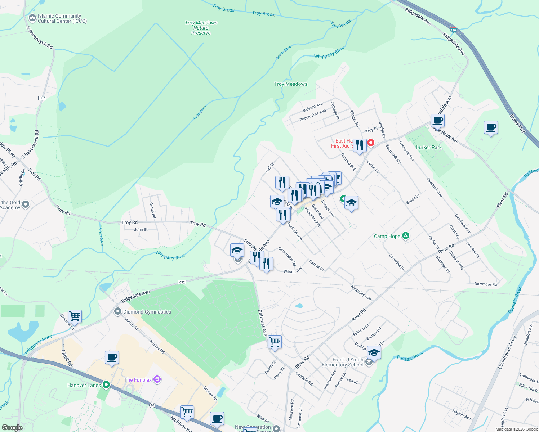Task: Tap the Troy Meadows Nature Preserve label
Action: [201, 28]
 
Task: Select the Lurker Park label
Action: [429, 147]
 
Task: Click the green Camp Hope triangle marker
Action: [406, 236]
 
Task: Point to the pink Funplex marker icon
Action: [157, 379]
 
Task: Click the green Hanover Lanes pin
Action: [106, 385]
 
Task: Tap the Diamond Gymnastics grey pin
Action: [118, 312]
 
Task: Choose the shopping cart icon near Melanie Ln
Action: [75, 316]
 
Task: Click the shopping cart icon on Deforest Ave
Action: [275, 341]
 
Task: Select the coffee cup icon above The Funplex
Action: [112, 357]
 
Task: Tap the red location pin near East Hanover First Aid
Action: [370, 143]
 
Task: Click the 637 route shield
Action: [42, 98]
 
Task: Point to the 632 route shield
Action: [182, 282]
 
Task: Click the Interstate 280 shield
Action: [453, 30]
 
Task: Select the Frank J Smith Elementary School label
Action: [342, 362]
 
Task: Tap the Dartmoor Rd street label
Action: [485, 284]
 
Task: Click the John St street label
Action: [141, 230]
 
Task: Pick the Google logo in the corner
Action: [12, 428]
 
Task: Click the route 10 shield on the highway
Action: [152, 405]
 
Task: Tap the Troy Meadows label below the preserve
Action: [291, 84]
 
